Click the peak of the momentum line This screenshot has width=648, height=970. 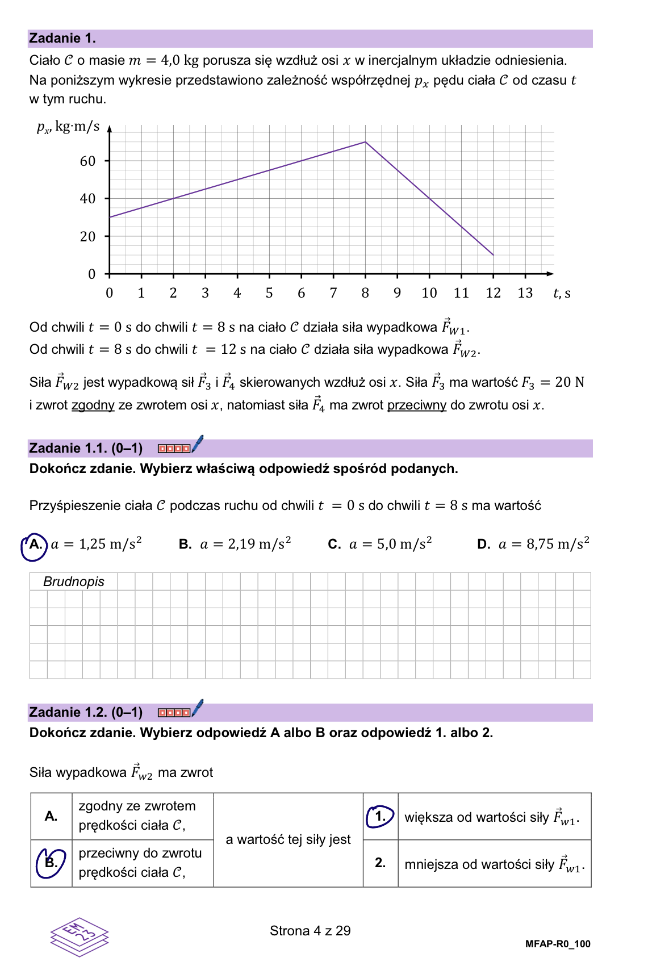365,142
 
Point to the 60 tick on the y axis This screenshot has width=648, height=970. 88,161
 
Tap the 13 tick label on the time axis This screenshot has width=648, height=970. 525,293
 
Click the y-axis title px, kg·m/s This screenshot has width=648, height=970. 68,127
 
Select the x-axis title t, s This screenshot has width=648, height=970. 562,293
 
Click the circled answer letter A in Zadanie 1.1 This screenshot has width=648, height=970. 35,545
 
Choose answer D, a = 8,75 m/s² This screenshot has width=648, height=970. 533,544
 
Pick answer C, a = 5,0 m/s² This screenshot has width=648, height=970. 379,544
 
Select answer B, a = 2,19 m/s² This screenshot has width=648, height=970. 235,544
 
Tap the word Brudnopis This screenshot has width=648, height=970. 74,582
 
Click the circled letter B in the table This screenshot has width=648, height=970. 51,863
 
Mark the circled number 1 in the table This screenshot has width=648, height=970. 381,817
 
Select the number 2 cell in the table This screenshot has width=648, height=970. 381,863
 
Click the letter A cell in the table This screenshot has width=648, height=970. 51,817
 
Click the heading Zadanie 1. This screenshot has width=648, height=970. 62,39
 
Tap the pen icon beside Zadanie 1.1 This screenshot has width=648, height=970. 197,444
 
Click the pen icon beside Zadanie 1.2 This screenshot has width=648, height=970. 197,708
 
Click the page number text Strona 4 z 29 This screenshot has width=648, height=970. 310,931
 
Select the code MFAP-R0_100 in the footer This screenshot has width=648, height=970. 558,944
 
